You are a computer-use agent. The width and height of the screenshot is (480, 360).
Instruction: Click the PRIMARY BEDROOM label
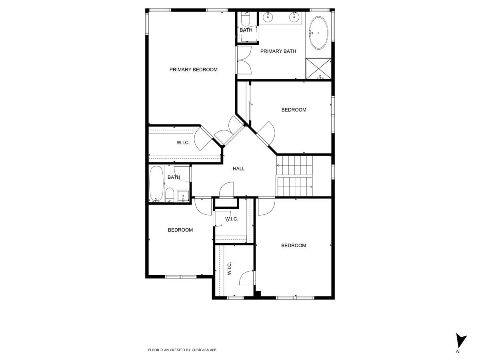[x=193, y=70]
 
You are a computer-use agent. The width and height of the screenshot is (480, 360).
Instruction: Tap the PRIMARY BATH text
[x=278, y=51]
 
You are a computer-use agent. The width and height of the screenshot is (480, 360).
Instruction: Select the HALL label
[x=239, y=169]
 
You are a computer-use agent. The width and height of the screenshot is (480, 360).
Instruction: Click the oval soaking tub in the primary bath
[x=319, y=33]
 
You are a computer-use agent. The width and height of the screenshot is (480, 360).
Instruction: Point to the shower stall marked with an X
[x=319, y=68]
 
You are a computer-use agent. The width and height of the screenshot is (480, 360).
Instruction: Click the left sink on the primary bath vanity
[x=267, y=17]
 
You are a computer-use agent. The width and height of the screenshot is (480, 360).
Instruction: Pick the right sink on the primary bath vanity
[x=295, y=17]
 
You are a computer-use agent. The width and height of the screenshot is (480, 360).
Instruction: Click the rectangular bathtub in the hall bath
[x=156, y=184]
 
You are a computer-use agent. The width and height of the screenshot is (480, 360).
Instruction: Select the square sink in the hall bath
[x=183, y=196]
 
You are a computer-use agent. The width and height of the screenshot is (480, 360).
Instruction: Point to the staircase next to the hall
[x=294, y=176]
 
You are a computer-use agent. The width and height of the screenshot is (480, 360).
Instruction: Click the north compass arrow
[x=461, y=340]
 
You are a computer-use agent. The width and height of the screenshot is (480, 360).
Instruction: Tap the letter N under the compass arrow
[x=457, y=352]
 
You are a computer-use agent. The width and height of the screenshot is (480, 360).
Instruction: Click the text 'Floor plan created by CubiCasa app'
[x=182, y=350]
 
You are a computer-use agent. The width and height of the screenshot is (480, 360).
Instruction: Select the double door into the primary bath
[x=244, y=60]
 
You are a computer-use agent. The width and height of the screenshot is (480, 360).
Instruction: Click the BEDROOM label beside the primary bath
[x=294, y=110]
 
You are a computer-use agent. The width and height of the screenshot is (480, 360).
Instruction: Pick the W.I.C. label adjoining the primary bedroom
[x=183, y=143]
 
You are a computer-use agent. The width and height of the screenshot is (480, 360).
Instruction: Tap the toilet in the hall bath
[x=170, y=195]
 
